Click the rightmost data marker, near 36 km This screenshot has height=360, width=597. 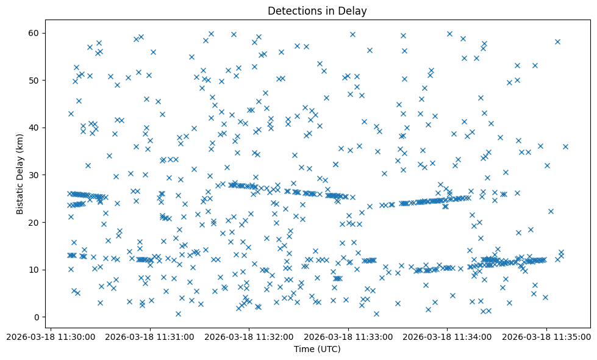coord(565,146)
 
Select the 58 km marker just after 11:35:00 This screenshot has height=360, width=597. coord(557,41)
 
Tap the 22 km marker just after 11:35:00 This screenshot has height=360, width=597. coord(551,211)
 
